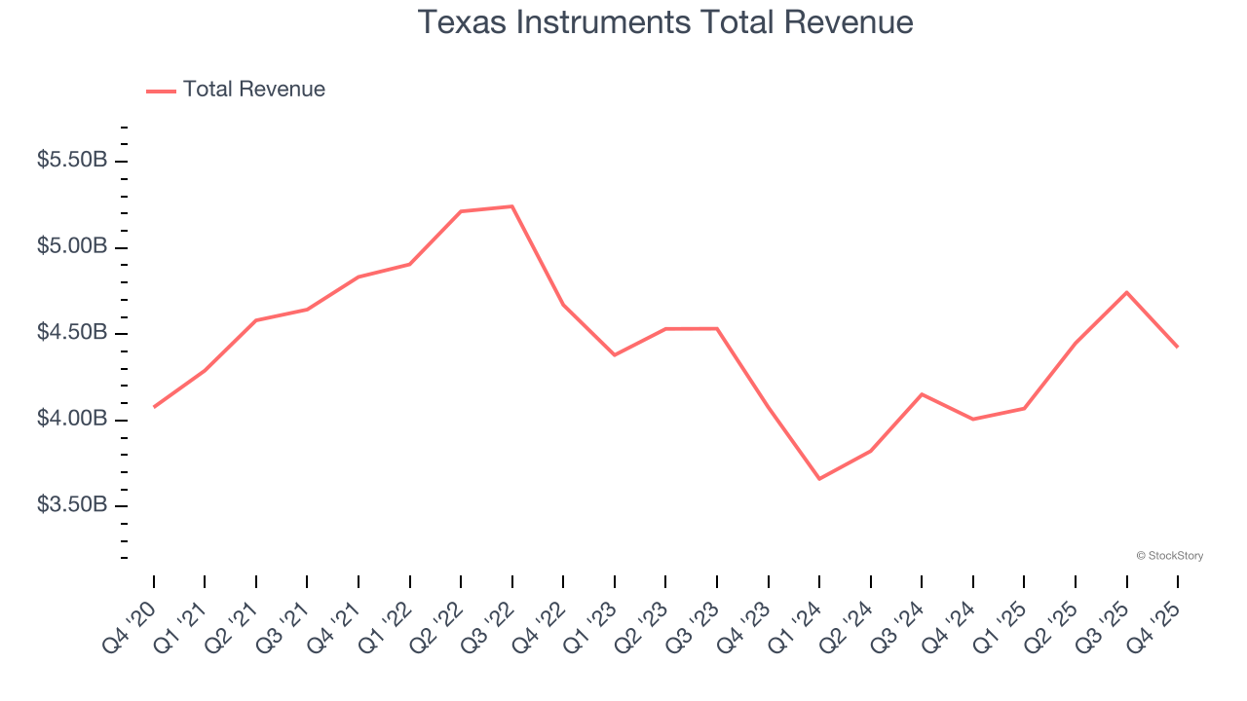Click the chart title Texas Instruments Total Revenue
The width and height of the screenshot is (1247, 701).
(x=665, y=22)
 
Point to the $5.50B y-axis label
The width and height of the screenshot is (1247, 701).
(x=72, y=161)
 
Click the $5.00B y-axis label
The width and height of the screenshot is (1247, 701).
(x=72, y=247)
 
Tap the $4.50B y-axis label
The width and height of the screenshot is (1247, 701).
(x=72, y=333)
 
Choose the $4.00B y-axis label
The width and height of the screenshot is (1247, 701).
(x=72, y=420)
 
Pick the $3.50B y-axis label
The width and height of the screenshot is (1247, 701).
(x=72, y=505)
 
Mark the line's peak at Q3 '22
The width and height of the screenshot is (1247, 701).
(x=512, y=206)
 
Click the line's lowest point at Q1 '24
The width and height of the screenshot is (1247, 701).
(x=819, y=479)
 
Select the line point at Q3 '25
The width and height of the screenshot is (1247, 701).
(x=1126, y=292)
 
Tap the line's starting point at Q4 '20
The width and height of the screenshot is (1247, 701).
(x=154, y=407)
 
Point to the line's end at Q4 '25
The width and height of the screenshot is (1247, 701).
(x=1178, y=347)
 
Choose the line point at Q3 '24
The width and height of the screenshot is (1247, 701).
(x=922, y=394)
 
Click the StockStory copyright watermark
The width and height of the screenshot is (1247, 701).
(x=1169, y=556)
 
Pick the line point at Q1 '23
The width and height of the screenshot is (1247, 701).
(x=615, y=354)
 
